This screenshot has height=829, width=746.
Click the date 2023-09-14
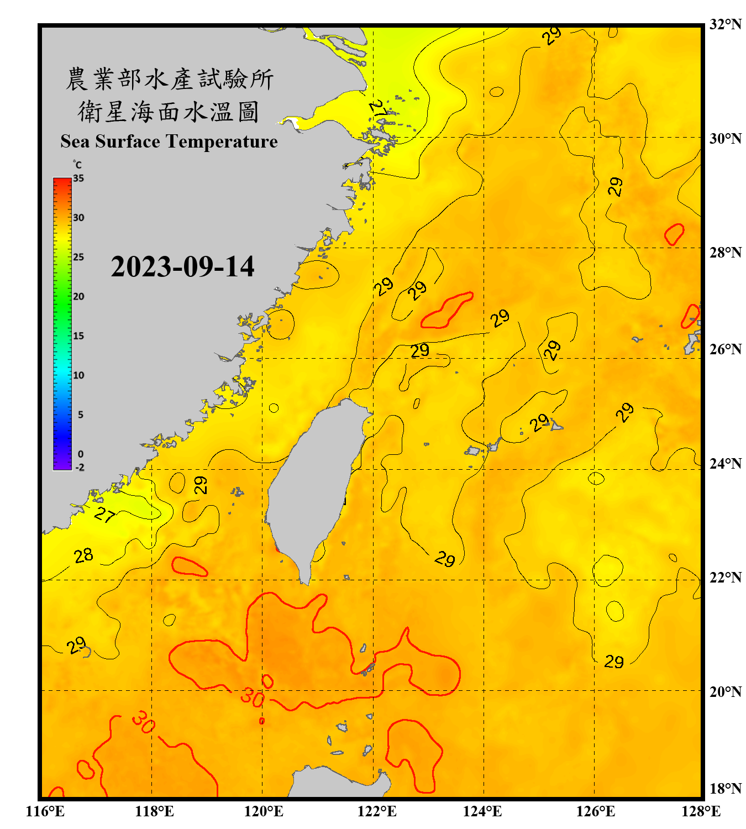coord(182,266)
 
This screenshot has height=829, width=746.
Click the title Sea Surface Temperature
coord(169,141)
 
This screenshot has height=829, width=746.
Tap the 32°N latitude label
coord(725,24)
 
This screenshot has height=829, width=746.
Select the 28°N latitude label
coord(725,253)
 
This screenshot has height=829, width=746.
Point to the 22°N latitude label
coord(725,578)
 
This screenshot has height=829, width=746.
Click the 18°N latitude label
coord(725,789)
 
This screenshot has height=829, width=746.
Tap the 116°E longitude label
coord(45,811)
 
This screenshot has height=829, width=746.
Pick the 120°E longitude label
coord(264,811)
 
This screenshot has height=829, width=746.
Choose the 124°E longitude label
coord(482,811)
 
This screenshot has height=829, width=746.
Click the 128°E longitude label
coord(701,811)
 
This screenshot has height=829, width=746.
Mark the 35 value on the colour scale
coord(78,178)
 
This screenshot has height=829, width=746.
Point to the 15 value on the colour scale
coord(78,336)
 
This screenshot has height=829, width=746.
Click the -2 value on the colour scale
coord(80,467)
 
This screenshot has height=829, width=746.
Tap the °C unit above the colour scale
coord(77,165)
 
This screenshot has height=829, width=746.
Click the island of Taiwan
coord(315,481)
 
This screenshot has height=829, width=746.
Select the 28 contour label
coord(83,555)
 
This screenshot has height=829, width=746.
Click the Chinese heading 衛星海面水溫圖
coord(169,112)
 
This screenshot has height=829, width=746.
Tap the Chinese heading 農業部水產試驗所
coord(170,79)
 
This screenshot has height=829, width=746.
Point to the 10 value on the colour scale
coord(78,375)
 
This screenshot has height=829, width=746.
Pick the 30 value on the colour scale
coord(78,218)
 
